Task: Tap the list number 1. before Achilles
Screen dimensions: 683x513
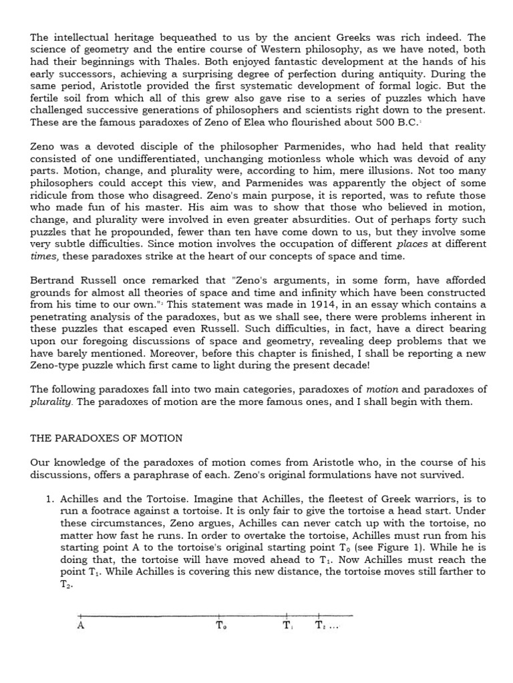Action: point(49,498)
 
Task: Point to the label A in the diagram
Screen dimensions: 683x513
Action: point(80,626)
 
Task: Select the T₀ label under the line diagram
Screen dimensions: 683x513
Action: point(222,626)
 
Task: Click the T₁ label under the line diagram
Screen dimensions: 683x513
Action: point(287,626)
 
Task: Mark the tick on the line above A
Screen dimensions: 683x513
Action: point(80,615)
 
